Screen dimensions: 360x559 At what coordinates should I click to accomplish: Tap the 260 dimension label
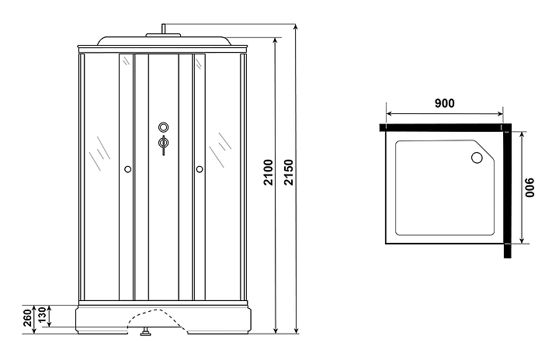28,317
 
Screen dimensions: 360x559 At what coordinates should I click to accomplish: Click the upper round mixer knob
163,127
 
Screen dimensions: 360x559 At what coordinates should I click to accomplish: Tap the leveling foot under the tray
144,334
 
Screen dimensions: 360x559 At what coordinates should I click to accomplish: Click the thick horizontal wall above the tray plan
443,126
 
